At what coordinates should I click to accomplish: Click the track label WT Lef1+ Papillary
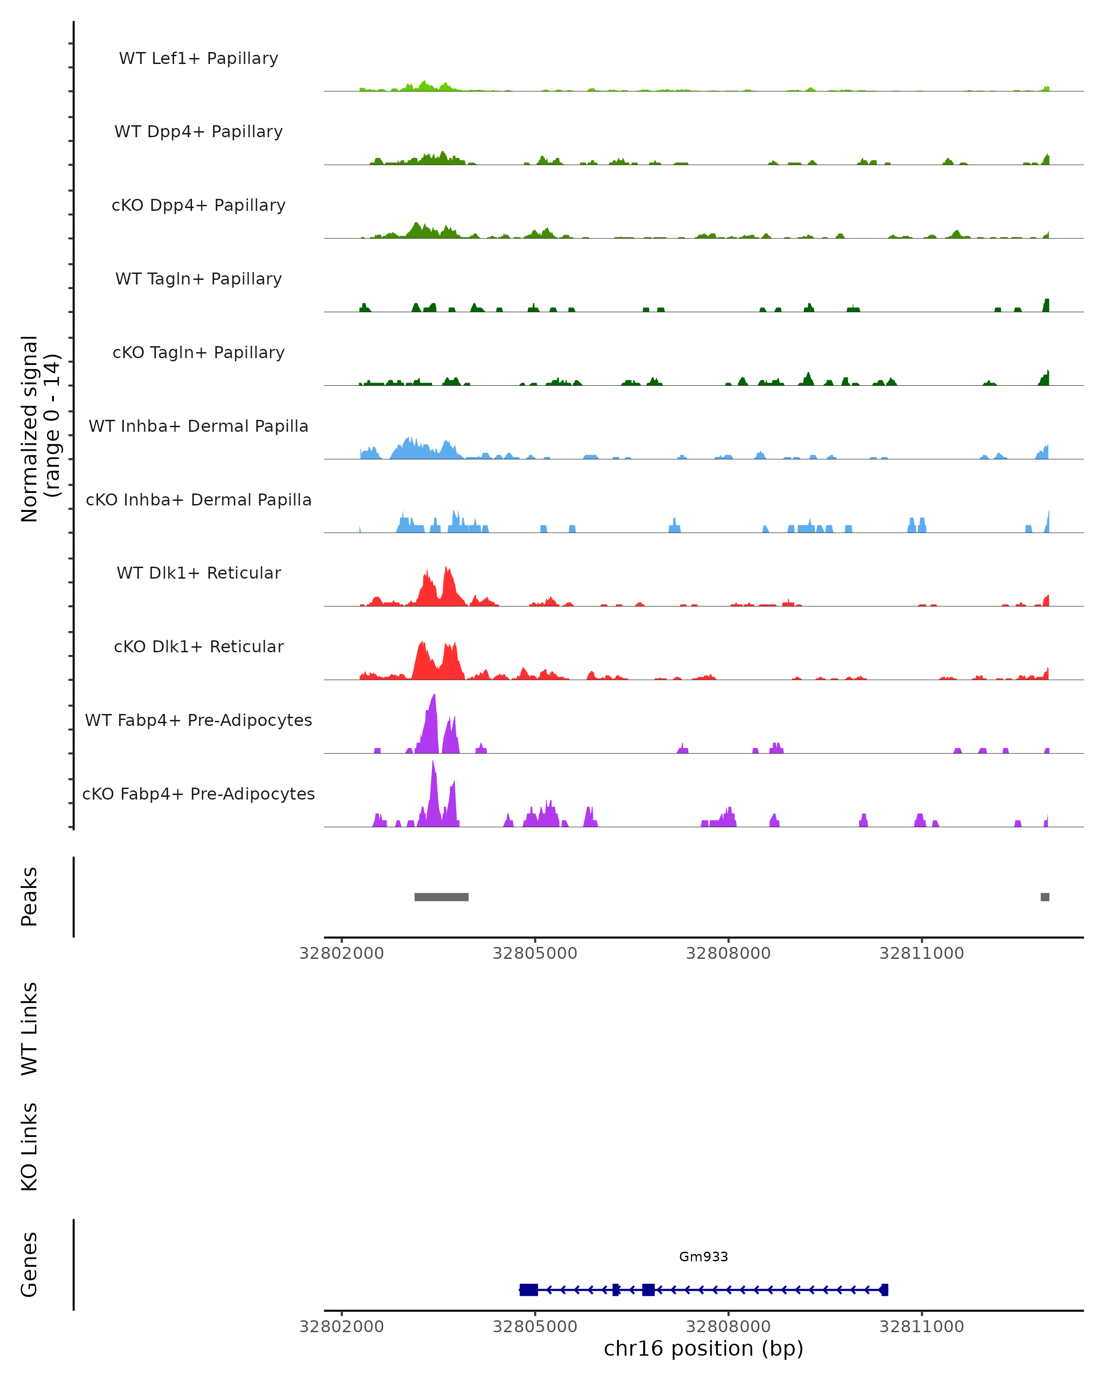tap(198, 58)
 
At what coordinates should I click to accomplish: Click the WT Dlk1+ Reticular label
tap(198, 573)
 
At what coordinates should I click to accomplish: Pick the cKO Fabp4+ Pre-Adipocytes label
tap(198, 794)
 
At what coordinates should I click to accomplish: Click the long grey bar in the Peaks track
tap(442, 897)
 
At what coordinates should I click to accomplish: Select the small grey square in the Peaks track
tap(1045, 897)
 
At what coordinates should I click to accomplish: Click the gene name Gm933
tap(704, 1257)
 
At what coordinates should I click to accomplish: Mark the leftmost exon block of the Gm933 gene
tap(529, 1289)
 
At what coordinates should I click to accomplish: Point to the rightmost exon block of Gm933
tap(884, 1289)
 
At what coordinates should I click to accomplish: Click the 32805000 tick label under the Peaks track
tap(535, 953)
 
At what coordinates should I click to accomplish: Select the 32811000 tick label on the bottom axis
tap(921, 1327)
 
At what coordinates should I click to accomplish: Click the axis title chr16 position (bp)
tap(704, 1348)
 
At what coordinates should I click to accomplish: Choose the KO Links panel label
tap(29, 1147)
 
